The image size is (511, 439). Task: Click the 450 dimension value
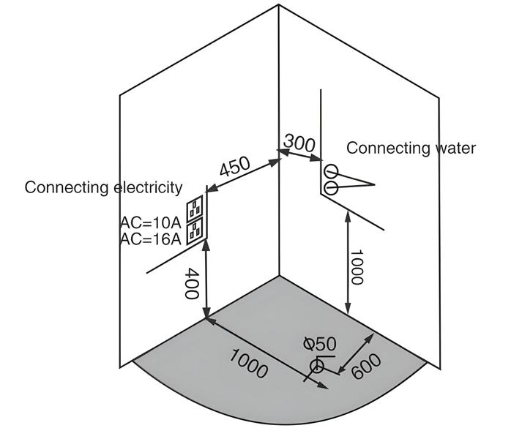234,167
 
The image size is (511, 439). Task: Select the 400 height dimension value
191,284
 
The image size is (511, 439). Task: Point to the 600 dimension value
365,366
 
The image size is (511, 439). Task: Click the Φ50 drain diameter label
319,344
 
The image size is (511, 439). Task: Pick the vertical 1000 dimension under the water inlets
357,268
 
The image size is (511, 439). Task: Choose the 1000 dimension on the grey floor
248,363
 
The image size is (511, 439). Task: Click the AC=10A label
151,222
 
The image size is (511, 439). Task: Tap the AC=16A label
151,239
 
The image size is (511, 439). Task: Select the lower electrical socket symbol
195,231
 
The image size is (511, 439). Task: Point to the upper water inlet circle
330,173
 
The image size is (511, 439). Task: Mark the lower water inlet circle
330,188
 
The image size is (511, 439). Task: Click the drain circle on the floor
316,366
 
